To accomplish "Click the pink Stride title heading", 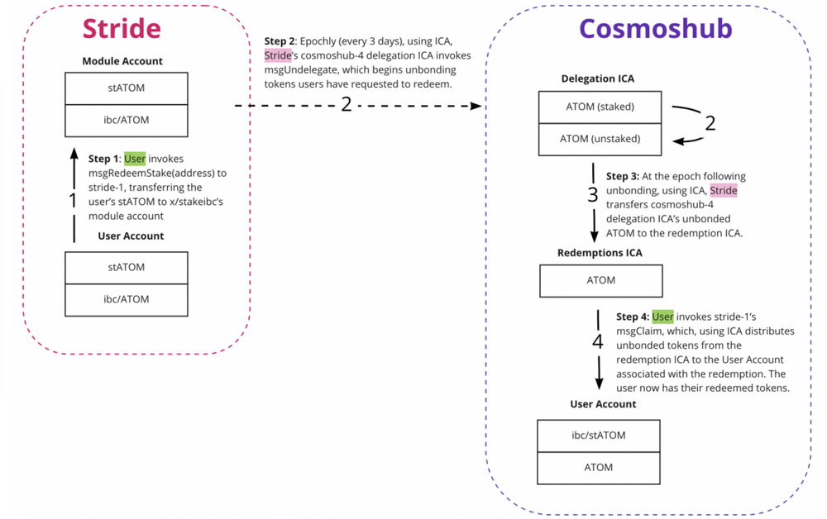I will click(x=122, y=28).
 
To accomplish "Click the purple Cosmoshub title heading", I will click(x=655, y=28).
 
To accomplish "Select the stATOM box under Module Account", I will click(x=127, y=88).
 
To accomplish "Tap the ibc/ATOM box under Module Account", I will click(x=127, y=120).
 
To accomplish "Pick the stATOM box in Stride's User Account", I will click(x=127, y=267).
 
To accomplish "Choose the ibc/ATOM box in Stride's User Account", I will click(x=127, y=299).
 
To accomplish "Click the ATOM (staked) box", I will click(x=600, y=107).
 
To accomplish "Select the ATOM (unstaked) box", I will click(x=600, y=139).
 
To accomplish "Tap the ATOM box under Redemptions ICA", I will click(x=600, y=280).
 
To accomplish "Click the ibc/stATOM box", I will click(x=598, y=436).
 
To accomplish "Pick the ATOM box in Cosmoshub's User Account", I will click(x=598, y=468).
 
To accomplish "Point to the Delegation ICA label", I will click(x=598, y=79).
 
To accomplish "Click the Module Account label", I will click(x=122, y=61).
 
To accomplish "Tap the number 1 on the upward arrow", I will click(x=73, y=200).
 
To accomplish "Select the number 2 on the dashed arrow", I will click(x=347, y=105).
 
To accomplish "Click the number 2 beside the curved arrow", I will click(x=709, y=123).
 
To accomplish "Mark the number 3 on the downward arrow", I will click(x=592, y=196).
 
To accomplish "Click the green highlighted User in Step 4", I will click(x=662, y=317).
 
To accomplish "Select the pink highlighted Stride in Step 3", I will click(x=723, y=190).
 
